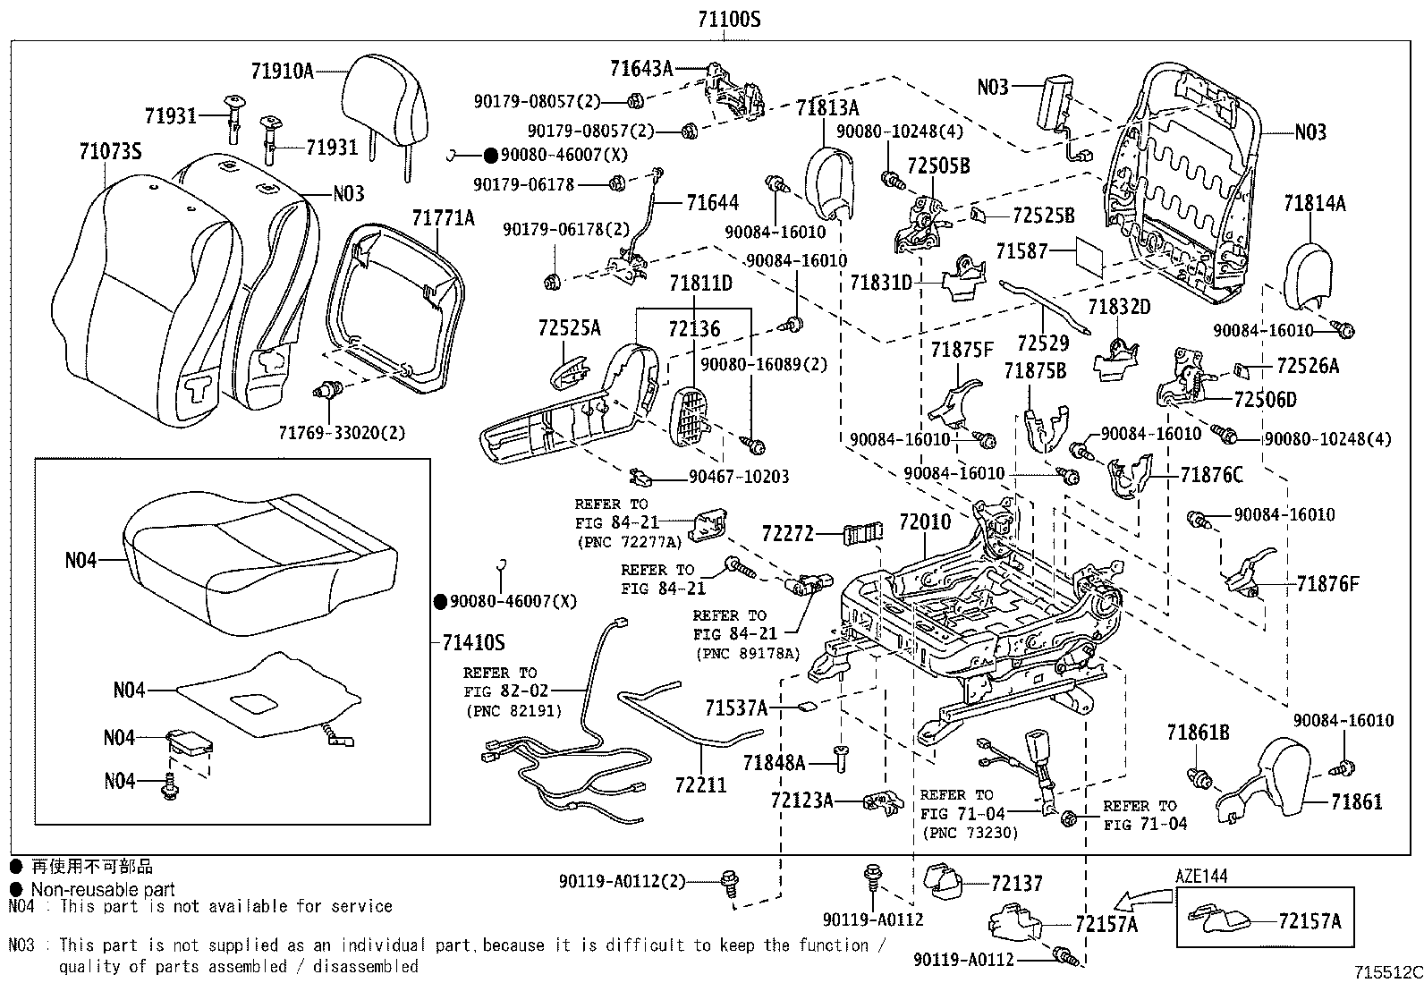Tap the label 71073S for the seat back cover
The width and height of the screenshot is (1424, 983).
[109, 151]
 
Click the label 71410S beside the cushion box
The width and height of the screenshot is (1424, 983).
[473, 642]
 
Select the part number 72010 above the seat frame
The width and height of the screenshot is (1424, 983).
[925, 521]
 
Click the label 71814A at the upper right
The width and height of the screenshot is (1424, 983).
[1314, 204]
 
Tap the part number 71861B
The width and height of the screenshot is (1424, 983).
[1198, 733]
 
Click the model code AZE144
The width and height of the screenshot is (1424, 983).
[1201, 877]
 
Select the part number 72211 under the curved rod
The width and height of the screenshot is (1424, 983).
[700, 784]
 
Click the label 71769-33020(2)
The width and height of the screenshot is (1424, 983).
[341, 433]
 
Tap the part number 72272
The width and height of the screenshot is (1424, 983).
[788, 534]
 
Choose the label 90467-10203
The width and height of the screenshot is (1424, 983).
[739, 477]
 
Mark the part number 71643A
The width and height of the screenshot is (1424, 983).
[640, 69]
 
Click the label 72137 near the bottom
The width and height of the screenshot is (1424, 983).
[1017, 884]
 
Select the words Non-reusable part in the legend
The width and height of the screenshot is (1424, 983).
[103, 889]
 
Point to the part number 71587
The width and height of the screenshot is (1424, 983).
[1021, 251]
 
